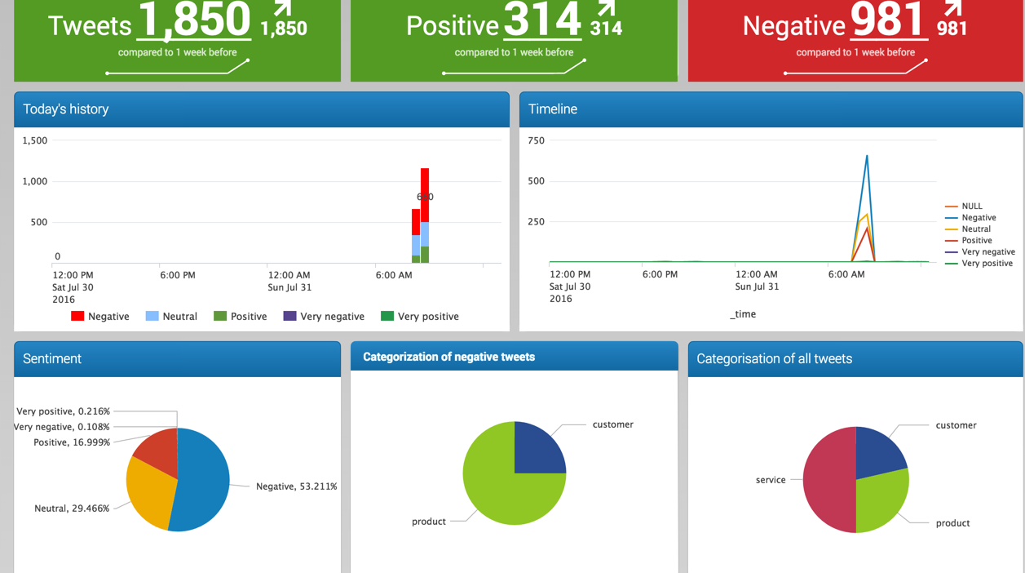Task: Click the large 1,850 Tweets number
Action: pyautogui.click(x=194, y=20)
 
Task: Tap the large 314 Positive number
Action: pyautogui.click(x=541, y=20)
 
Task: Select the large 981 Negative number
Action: pyautogui.click(x=888, y=20)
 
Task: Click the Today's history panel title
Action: pyautogui.click(x=66, y=109)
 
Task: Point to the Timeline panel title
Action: pyautogui.click(x=553, y=109)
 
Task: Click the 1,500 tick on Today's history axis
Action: pyautogui.click(x=35, y=140)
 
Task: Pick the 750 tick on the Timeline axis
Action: pyautogui.click(x=537, y=140)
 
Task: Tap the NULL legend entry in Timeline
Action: pyautogui.click(x=972, y=207)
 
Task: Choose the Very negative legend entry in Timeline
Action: pyautogui.click(x=988, y=252)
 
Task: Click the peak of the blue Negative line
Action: pyautogui.click(x=867, y=156)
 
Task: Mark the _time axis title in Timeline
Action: pyautogui.click(x=743, y=314)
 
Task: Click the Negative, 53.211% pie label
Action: pyautogui.click(x=296, y=486)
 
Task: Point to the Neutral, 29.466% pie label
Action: pyautogui.click(x=72, y=509)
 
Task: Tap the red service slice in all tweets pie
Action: pyautogui.click(x=828, y=482)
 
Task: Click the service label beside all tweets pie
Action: pyautogui.click(x=771, y=480)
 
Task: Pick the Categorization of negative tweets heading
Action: pyautogui.click(x=449, y=357)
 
